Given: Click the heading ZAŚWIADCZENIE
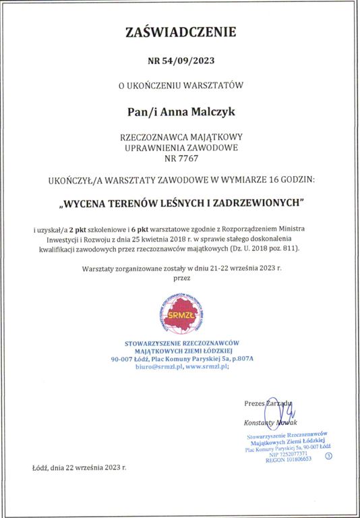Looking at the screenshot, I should [180, 31].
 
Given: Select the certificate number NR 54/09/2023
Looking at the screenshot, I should [179, 60].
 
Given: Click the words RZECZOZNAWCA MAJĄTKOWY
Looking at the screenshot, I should [179, 137].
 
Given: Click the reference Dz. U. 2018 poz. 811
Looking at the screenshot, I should [264, 249].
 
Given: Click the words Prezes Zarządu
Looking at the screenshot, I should [268, 403].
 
